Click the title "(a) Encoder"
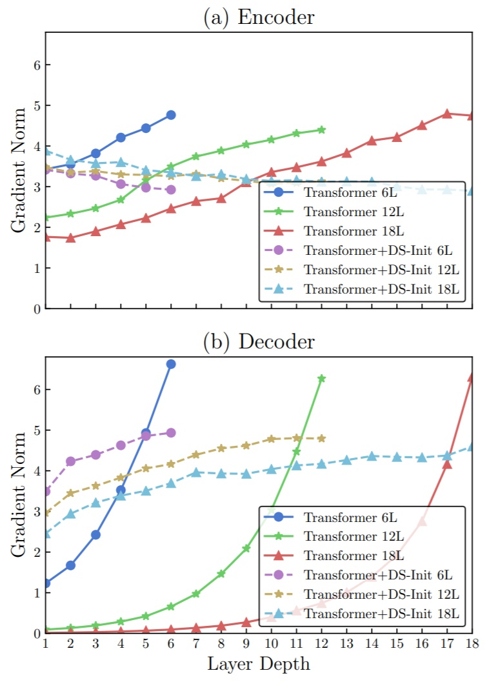(x=258, y=17)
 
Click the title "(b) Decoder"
(x=258, y=341)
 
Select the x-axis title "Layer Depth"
(x=258, y=664)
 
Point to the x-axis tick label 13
(x=346, y=644)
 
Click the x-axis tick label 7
(x=196, y=644)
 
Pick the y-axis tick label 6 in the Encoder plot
(x=30, y=65)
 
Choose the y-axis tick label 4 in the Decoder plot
(x=30, y=471)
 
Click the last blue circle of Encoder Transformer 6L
(x=171, y=115)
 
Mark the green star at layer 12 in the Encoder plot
(x=322, y=130)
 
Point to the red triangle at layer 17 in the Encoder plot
(x=447, y=114)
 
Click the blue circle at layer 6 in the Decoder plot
(x=171, y=364)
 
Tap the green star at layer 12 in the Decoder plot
(x=322, y=378)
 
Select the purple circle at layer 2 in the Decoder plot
(x=70, y=461)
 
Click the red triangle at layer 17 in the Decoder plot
(x=447, y=464)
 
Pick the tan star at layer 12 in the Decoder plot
(x=322, y=438)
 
